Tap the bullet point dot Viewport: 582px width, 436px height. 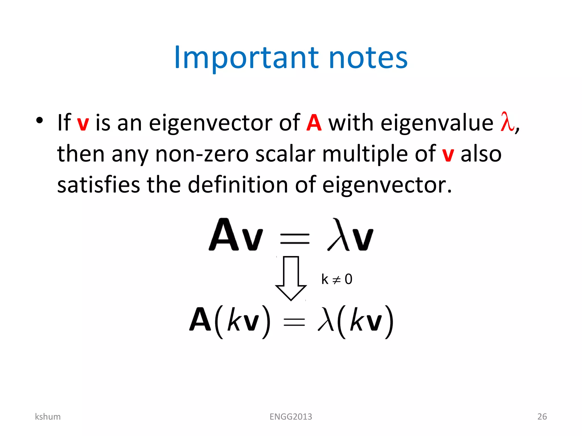40,120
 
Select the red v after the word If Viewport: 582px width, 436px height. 83,123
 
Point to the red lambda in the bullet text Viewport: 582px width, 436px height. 507,122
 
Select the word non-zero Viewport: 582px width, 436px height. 202,154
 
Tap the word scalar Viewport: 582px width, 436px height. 285,154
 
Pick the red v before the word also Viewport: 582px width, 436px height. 448,155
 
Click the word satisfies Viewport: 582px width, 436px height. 99,185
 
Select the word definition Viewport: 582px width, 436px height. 238,185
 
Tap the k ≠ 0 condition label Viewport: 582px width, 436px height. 337,279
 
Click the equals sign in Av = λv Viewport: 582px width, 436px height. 295,238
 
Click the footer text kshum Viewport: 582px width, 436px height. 48,416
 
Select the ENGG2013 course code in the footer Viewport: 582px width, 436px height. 291,416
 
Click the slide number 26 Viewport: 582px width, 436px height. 542,416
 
